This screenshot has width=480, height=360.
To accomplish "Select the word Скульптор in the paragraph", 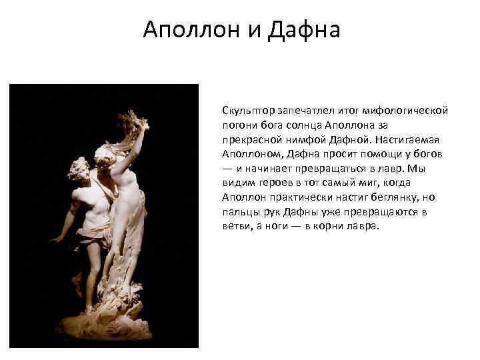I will pyautogui.click(x=246, y=110).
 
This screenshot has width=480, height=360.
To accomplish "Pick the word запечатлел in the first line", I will pyautogui.click(x=299, y=110).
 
